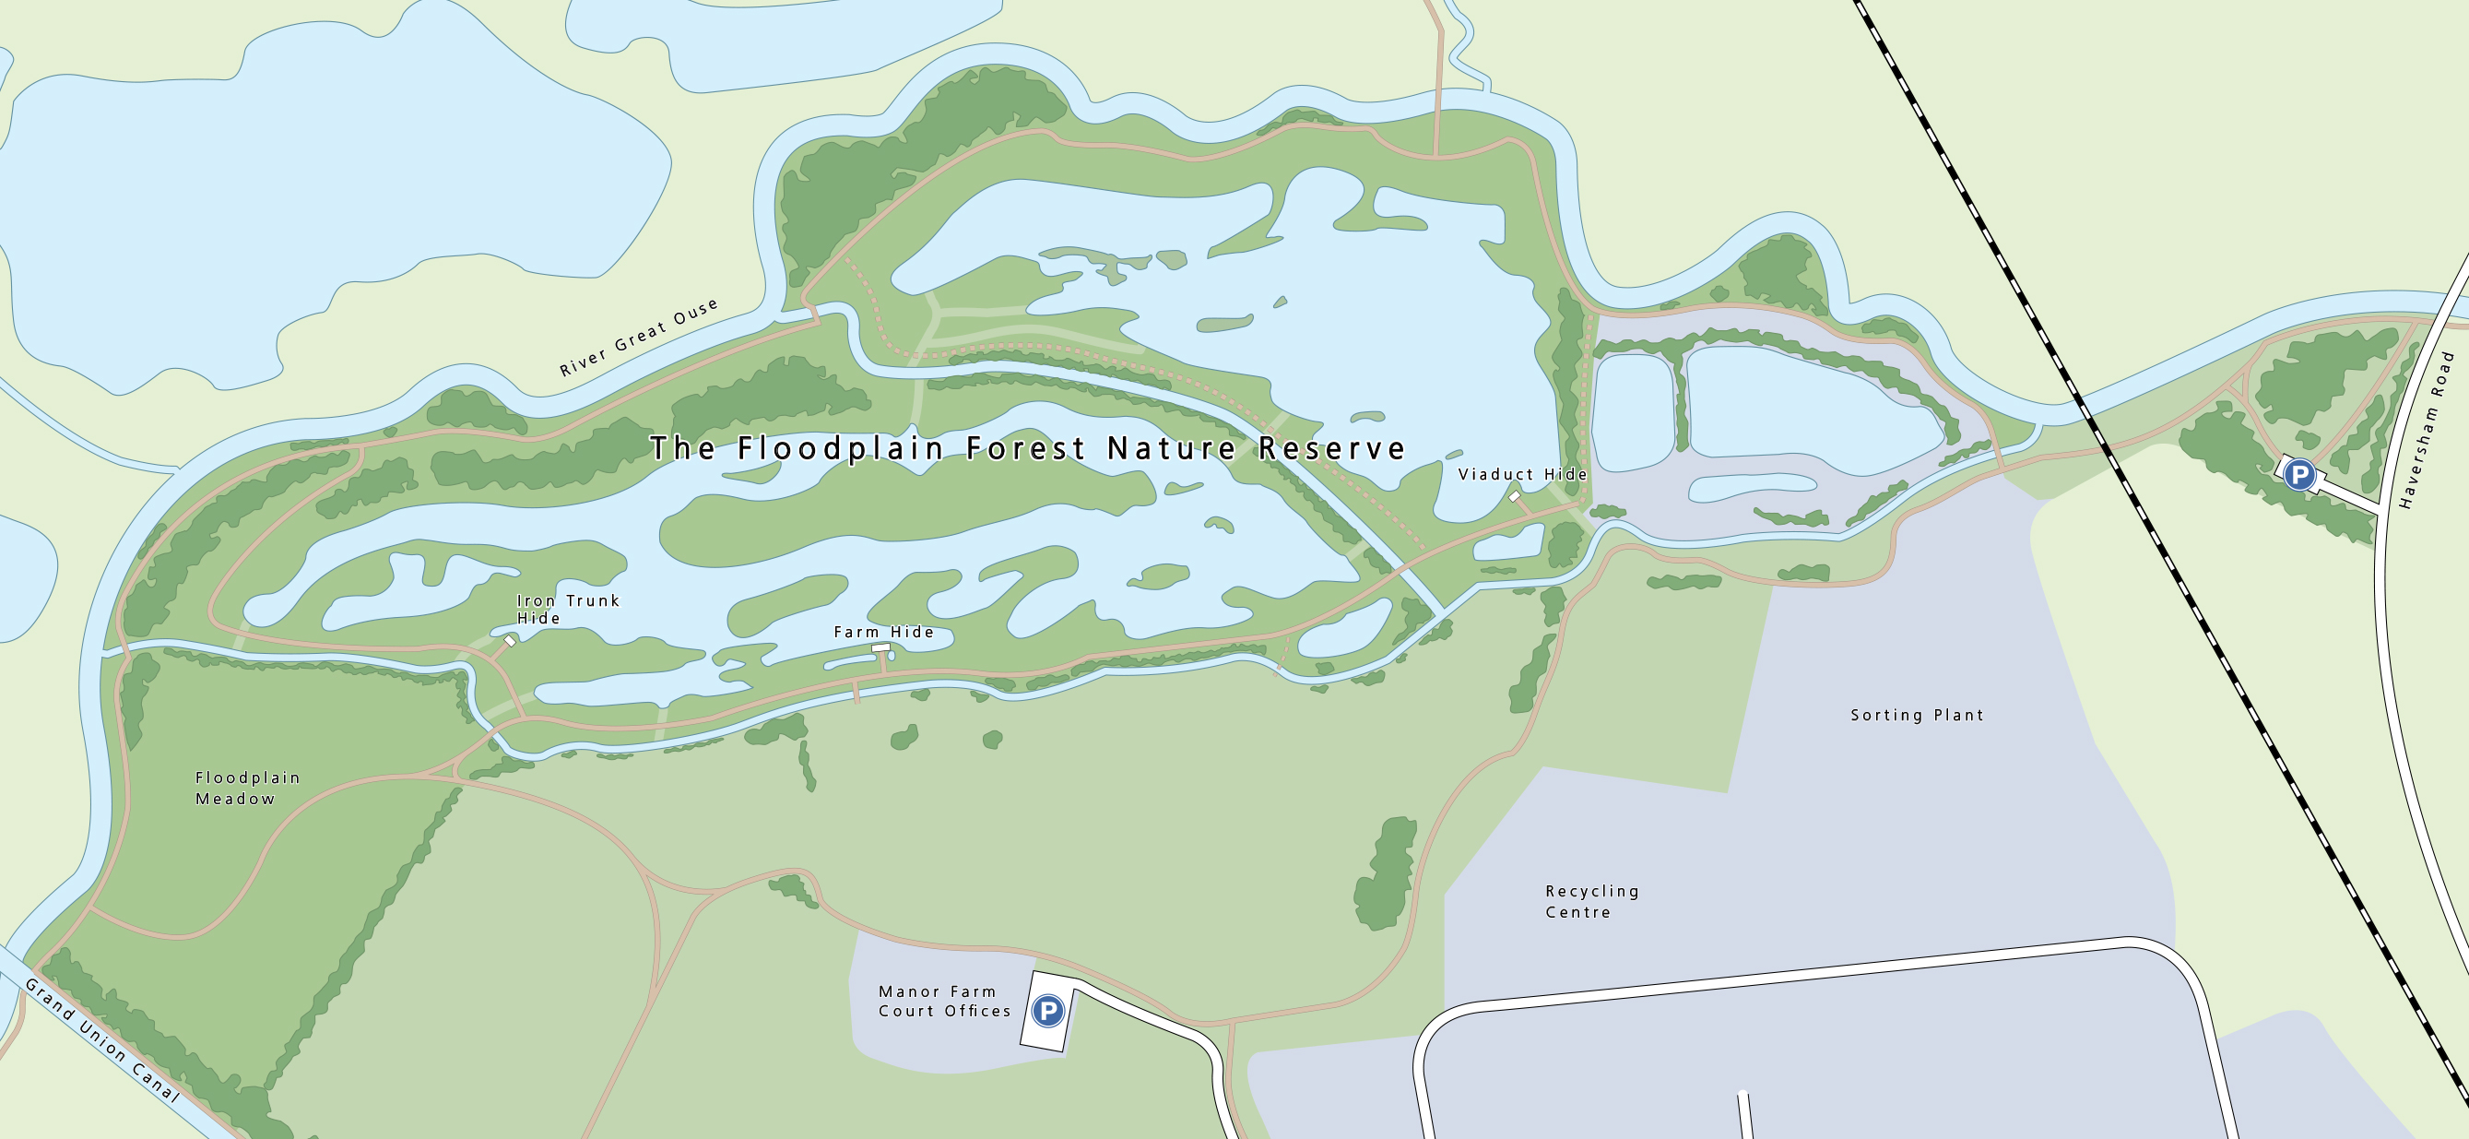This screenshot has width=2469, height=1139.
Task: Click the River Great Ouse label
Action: [x=638, y=338]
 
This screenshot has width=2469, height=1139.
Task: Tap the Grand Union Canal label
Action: [x=100, y=1039]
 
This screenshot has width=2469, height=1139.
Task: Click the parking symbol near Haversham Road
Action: [x=2299, y=475]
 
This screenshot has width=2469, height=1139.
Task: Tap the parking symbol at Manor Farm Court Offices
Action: [x=1047, y=1011]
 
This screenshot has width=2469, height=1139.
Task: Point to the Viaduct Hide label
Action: [x=1522, y=475]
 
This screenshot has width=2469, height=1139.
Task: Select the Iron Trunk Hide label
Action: [x=568, y=609]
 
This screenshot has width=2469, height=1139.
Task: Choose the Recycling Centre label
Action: [x=1592, y=901]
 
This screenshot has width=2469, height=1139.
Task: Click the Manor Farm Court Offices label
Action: [x=944, y=1001]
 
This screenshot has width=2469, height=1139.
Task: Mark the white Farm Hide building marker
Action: [x=880, y=648]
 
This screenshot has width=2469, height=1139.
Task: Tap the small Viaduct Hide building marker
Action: [x=1515, y=496]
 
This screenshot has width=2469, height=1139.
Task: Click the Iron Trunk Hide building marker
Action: [x=510, y=641]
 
